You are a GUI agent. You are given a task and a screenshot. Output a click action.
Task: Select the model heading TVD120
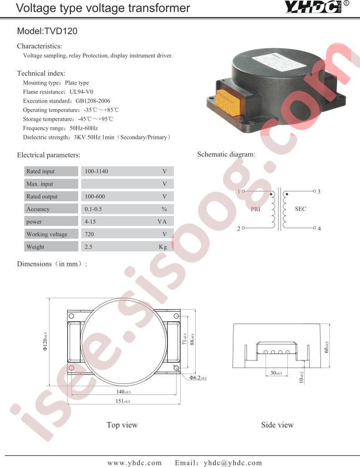point(47,31)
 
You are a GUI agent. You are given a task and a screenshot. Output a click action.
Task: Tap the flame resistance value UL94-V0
point(81,92)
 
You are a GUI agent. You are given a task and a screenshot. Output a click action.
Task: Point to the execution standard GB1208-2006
point(93,101)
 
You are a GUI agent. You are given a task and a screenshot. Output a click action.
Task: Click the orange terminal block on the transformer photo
point(227,103)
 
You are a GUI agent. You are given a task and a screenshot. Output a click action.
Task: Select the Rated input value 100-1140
point(96,171)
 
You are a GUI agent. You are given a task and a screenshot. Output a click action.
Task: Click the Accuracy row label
point(38,209)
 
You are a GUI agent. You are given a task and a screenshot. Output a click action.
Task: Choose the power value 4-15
point(90,221)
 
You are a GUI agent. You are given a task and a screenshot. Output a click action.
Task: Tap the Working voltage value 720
point(89,234)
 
